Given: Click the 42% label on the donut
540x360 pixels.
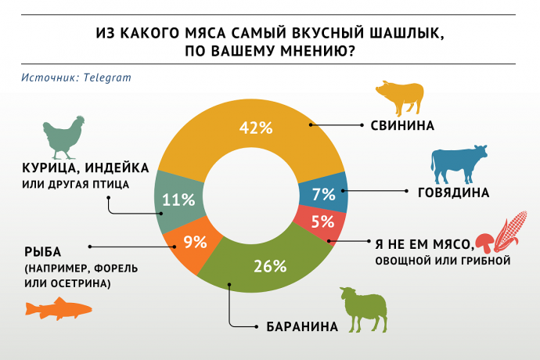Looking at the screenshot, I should click(256, 128).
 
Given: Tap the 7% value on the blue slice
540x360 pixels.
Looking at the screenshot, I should click(322, 193).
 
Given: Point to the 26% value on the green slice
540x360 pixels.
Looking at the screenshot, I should click(268, 265).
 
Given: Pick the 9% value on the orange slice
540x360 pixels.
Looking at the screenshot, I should click(195, 242).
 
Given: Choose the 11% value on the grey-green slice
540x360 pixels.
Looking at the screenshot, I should click(178, 199).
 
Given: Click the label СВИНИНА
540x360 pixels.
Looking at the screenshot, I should click(397, 124).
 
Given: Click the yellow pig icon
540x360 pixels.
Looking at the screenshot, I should click(401, 97).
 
